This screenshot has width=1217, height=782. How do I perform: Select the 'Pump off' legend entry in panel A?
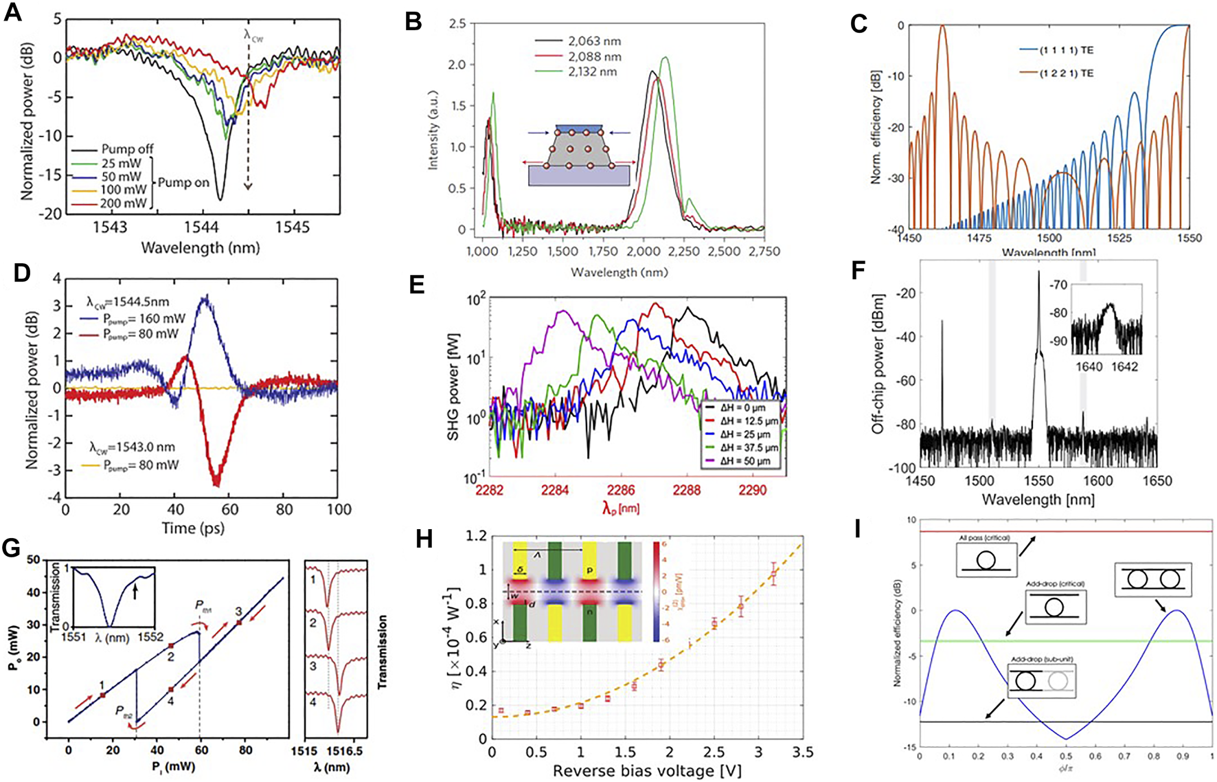click(127, 149)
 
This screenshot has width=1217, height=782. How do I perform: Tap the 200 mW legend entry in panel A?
click(124, 203)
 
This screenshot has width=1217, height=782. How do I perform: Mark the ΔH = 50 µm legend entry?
click(745, 460)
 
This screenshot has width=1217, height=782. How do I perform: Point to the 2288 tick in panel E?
click(687, 490)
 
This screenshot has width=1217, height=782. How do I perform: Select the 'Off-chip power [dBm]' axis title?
click(877, 364)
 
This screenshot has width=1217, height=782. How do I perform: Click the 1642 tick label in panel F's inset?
click(1125, 366)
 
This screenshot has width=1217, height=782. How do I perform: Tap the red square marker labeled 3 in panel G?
click(239, 623)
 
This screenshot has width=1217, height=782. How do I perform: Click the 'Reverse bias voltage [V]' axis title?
click(647, 771)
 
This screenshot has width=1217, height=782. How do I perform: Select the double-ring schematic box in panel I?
click(1153, 579)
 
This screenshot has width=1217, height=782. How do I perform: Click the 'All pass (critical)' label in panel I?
click(983, 537)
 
